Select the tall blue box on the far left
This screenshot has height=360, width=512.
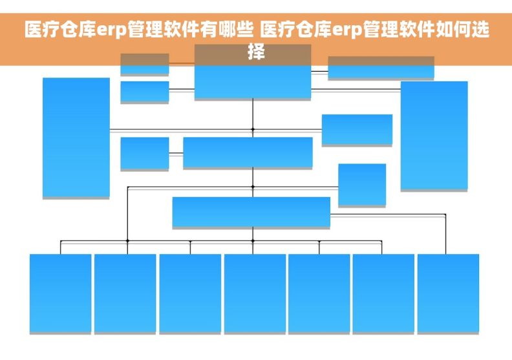point(76,136)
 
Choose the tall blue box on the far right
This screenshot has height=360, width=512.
point(434,135)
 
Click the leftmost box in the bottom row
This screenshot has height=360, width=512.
point(60,293)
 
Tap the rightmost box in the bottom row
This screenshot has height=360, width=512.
point(448,293)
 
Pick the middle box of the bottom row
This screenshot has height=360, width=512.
point(255,293)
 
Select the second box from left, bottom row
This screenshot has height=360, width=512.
point(125,293)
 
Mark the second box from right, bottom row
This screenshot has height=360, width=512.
point(383,293)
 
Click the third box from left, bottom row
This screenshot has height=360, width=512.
point(190,293)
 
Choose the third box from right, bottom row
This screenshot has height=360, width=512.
point(319,293)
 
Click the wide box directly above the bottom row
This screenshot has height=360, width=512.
point(251,211)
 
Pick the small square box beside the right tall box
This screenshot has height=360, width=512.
point(362,184)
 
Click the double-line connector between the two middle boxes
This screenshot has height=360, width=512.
point(176,153)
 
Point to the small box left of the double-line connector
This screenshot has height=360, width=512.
point(144,153)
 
